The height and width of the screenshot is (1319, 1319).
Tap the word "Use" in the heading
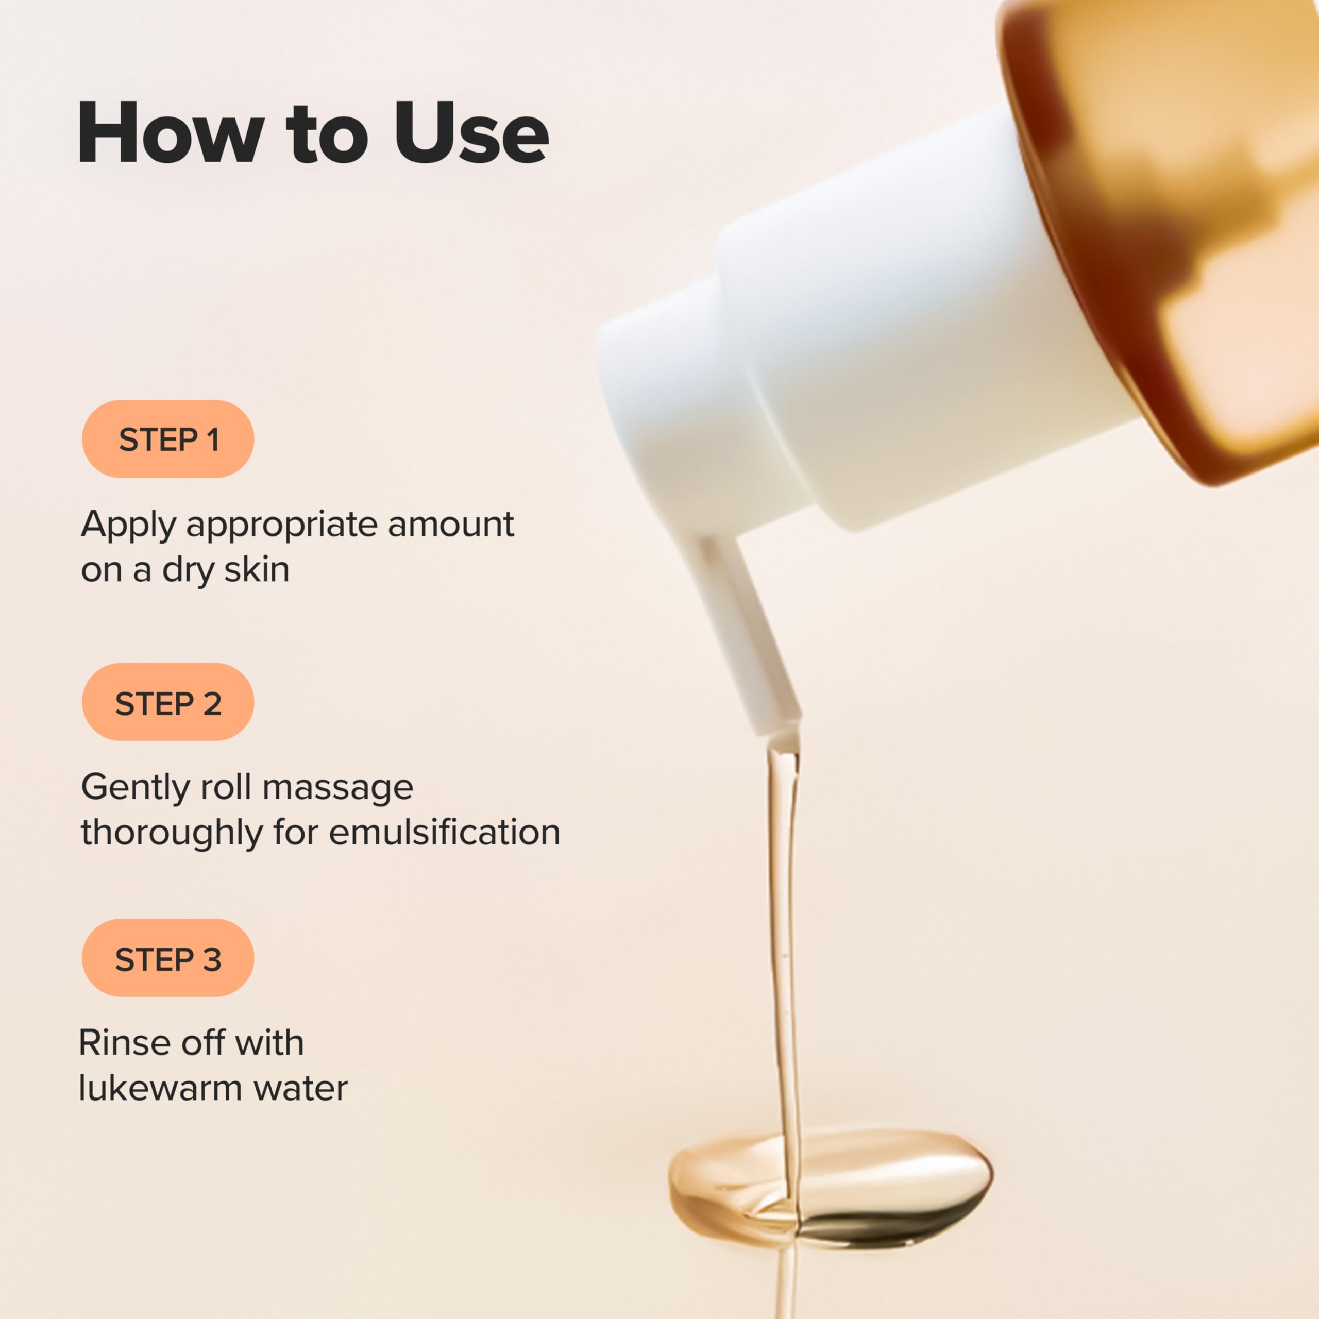click(471, 132)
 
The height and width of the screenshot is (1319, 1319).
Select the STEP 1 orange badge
click(168, 439)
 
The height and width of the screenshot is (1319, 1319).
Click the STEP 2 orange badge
click(168, 702)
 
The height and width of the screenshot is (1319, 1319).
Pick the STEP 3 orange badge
click(168, 958)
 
